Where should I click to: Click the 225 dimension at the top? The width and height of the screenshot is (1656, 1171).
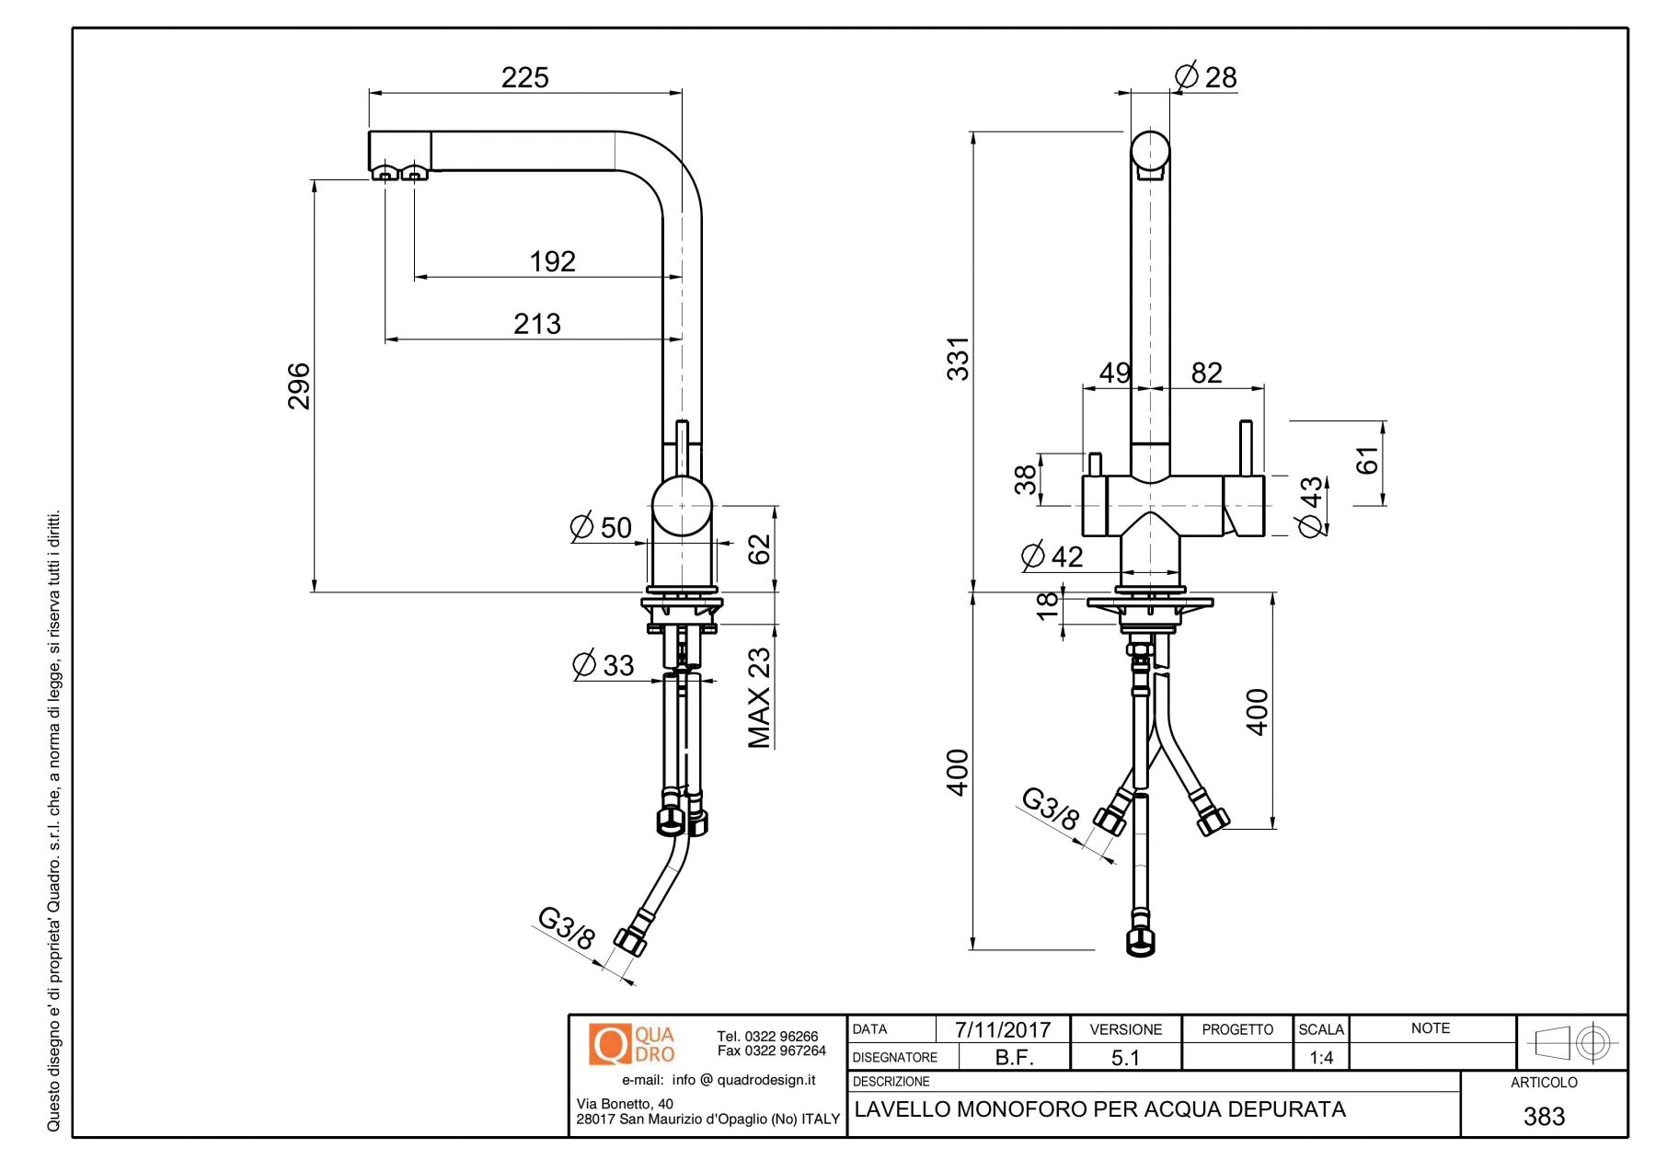(x=524, y=77)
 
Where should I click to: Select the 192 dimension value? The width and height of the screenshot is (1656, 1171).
(x=552, y=261)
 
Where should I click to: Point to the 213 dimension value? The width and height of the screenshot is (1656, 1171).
(x=537, y=324)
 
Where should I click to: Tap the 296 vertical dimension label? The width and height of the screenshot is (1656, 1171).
(x=299, y=385)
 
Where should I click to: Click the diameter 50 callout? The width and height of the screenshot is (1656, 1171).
(x=602, y=527)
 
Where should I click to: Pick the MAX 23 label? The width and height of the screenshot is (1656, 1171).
(x=759, y=698)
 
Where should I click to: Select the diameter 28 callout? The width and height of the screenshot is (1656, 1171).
(x=1206, y=76)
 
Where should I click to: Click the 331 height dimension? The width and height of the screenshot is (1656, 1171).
(x=959, y=359)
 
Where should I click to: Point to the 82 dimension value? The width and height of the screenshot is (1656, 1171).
(x=1206, y=373)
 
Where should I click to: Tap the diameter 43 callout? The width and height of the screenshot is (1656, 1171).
(x=1310, y=505)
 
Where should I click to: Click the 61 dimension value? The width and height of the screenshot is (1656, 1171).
(x=1368, y=460)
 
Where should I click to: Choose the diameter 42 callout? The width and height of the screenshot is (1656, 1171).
(x=1052, y=556)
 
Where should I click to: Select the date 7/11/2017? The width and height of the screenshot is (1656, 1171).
(x=1002, y=1029)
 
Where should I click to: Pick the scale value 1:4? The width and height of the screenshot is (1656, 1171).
(x=1321, y=1058)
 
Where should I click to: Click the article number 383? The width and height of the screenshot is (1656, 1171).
(x=1544, y=1116)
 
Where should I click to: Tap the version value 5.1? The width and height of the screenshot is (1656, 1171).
(x=1125, y=1058)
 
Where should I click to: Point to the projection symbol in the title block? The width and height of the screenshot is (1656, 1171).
(x=1572, y=1043)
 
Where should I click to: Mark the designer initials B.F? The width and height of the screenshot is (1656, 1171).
(x=1014, y=1058)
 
